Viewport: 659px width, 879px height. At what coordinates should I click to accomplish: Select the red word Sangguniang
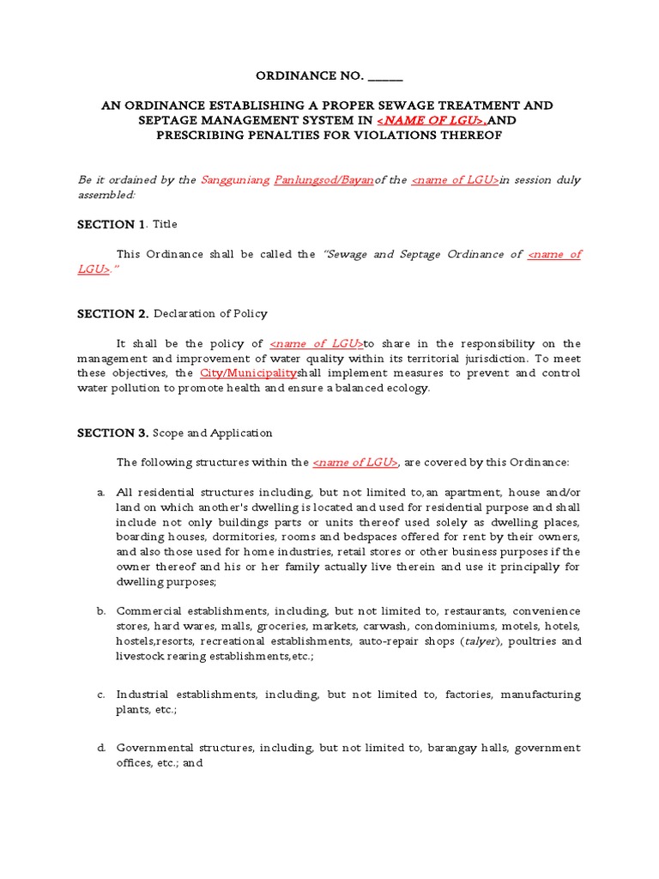pyautogui.click(x=235, y=180)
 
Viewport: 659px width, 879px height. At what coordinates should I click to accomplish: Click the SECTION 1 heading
pyautogui.click(x=111, y=224)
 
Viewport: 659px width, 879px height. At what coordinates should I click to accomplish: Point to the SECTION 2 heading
pyautogui.click(x=113, y=313)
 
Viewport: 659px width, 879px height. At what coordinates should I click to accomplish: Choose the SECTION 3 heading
pyautogui.click(x=113, y=433)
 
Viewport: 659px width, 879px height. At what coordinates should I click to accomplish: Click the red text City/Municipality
pyautogui.click(x=248, y=373)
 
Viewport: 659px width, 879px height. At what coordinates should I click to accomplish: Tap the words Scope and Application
pyautogui.click(x=213, y=433)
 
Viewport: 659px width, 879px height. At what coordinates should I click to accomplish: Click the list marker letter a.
pyautogui.click(x=100, y=493)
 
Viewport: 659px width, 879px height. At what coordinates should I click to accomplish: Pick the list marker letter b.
pyautogui.click(x=100, y=611)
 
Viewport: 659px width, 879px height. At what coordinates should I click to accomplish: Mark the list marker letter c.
pyautogui.click(x=100, y=694)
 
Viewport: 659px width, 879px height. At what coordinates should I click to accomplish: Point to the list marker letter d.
pyautogui.click(x=100, y=749)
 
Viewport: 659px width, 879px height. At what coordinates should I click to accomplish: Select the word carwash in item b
pyautogui.click(x=363, y=627)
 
